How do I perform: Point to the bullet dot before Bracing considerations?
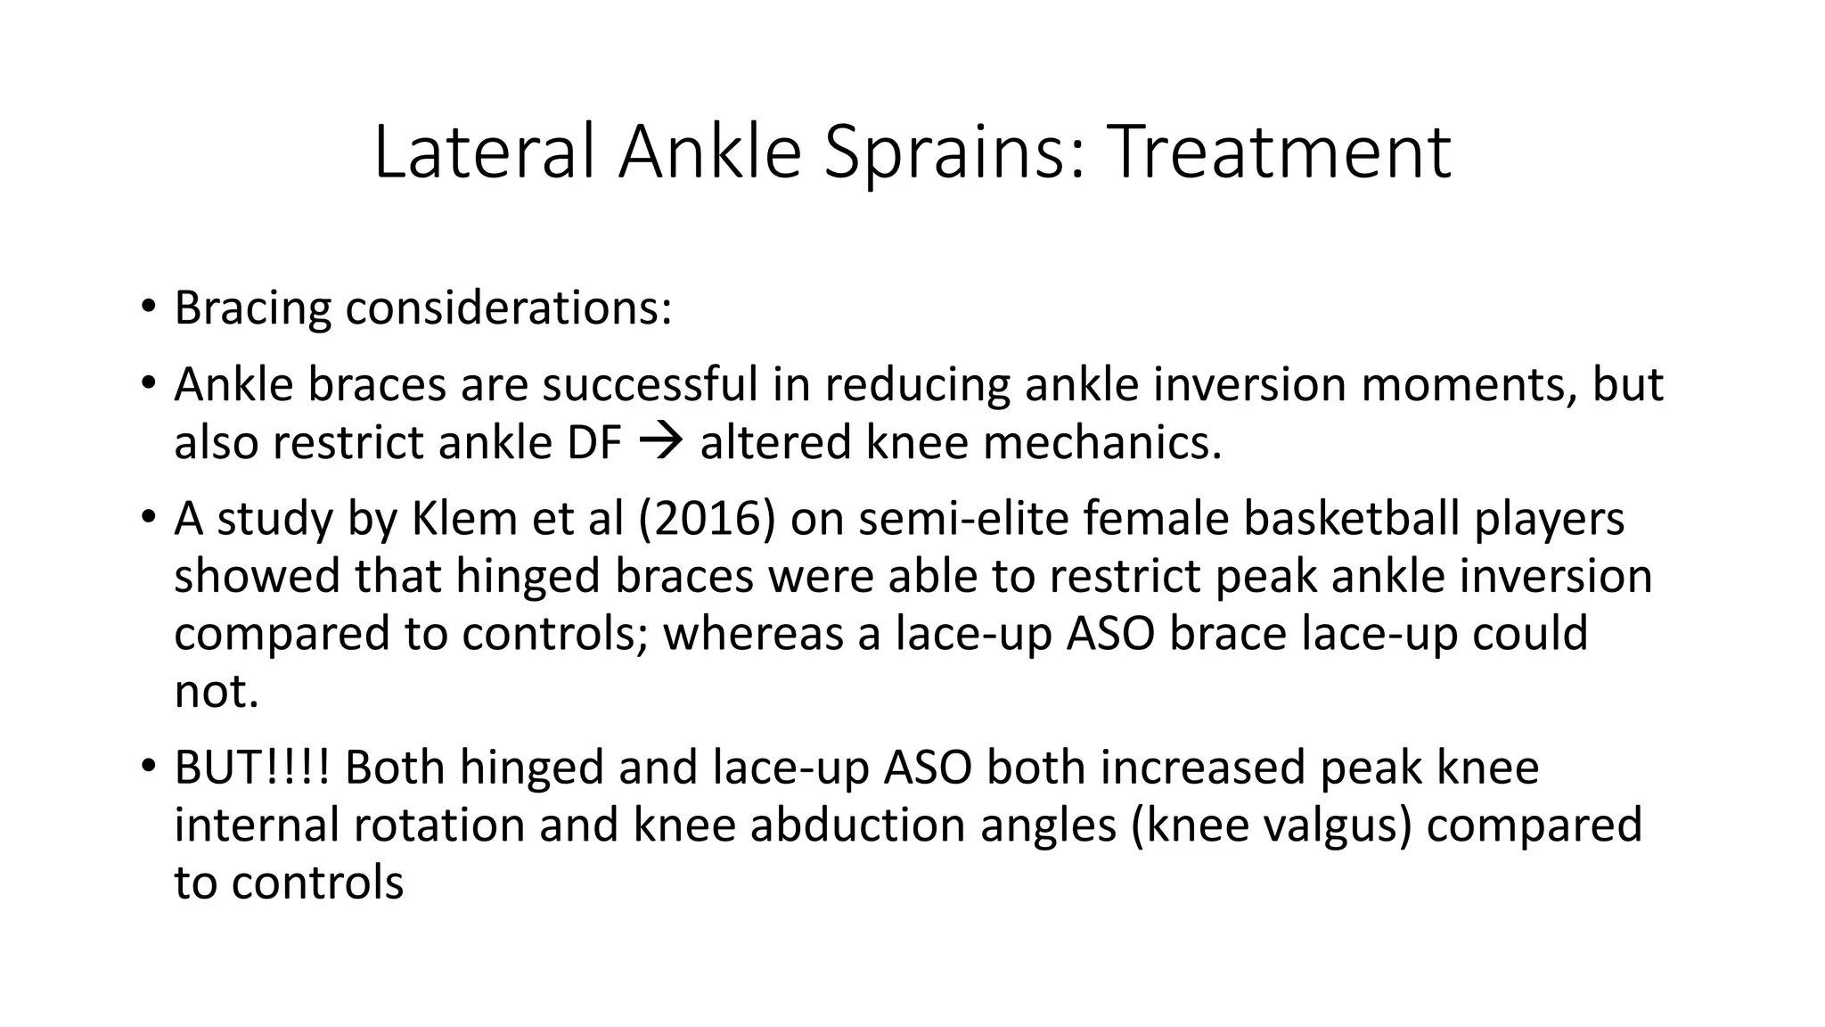pyautogui.click(x=148, y=308)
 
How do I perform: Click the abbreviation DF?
pyautogui.click(x=593, y=443)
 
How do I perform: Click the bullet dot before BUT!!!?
pyautogui.click(x=148, y=768)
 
